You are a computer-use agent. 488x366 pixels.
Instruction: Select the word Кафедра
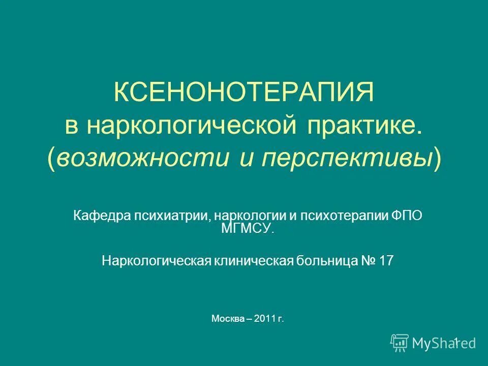100,215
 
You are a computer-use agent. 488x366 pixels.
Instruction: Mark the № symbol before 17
369,261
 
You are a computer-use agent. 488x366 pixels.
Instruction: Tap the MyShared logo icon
400,343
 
